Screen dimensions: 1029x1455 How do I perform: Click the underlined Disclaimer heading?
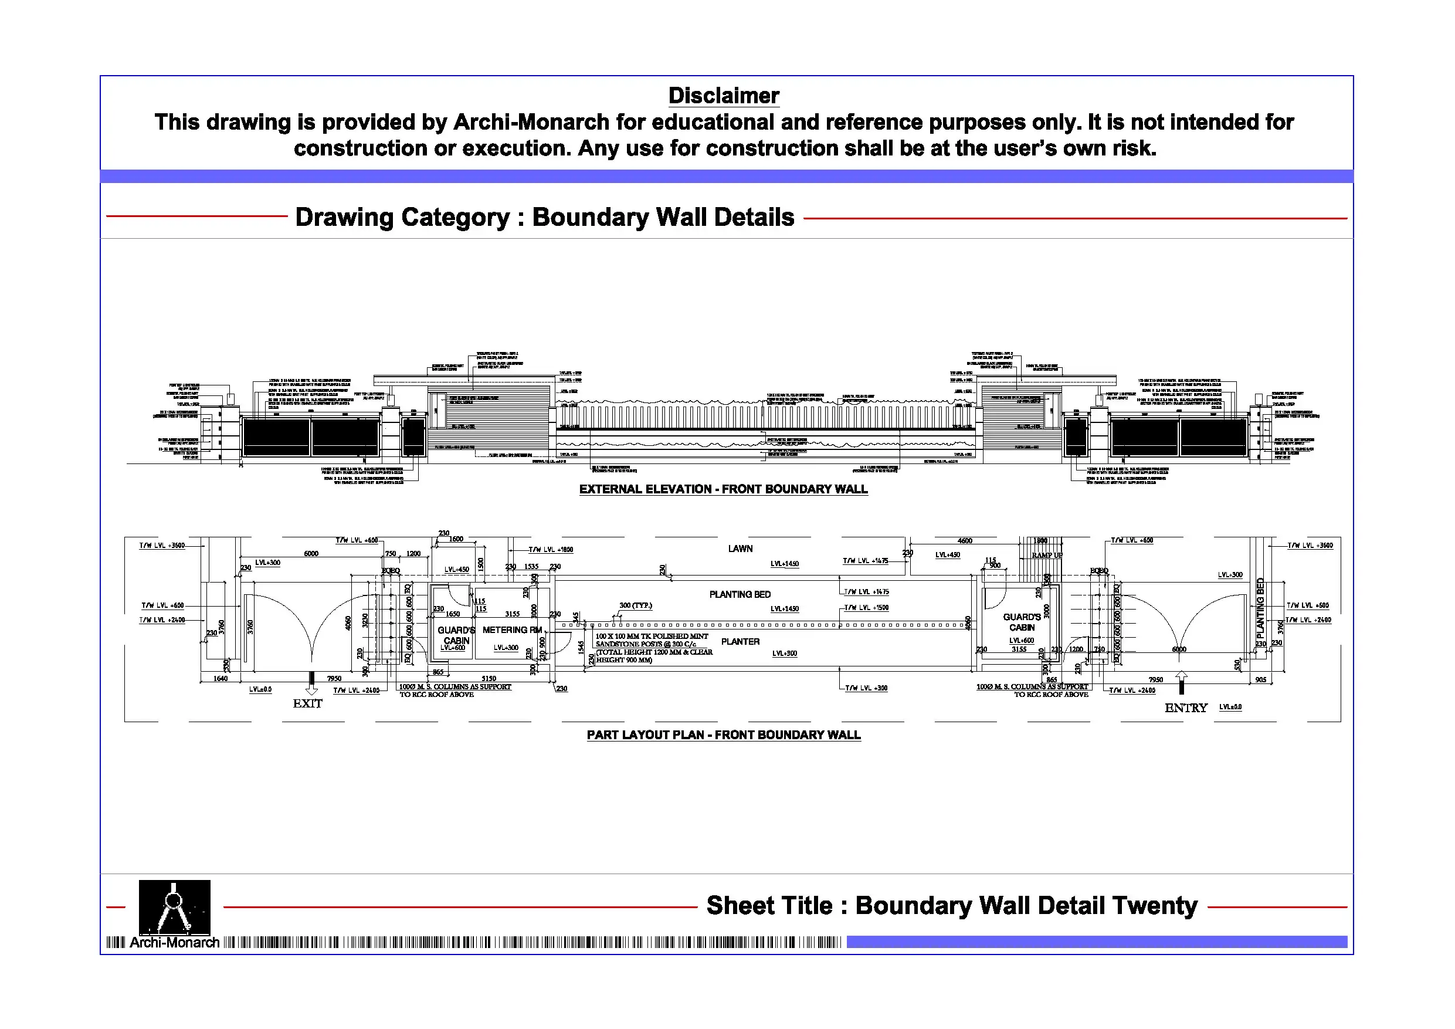pos(724,96)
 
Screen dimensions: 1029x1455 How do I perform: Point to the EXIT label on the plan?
pos(307,704)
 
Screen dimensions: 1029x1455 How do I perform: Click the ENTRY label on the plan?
pos(1186,708)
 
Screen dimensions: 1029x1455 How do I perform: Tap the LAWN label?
pos(740,549)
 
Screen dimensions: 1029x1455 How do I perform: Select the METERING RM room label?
pos(512,630)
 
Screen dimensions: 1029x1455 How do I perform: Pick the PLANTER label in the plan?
pos(740,642)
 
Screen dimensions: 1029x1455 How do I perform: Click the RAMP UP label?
pos(1046,556)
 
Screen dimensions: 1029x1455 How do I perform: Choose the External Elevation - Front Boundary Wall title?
pos(723,489)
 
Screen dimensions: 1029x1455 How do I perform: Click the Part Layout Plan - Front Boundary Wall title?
pos(723,736)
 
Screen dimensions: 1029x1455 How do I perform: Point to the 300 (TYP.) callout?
pos(635,605)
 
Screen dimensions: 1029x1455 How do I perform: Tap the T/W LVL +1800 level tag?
pos(551,550)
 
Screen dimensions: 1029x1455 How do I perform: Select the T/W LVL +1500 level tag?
pos(866,608)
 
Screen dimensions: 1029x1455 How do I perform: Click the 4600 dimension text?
pos(965,541)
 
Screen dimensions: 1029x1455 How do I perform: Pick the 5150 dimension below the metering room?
pos(489,678)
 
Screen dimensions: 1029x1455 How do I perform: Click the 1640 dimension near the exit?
pos(220,678)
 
